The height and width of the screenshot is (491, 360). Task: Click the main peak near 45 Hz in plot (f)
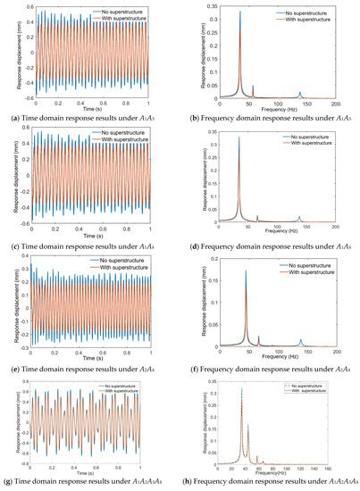pos(246,270)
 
